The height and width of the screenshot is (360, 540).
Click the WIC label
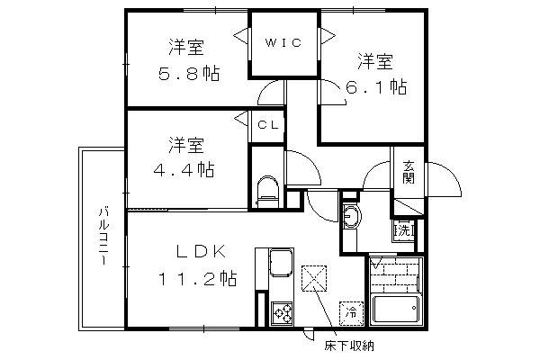click(283, 42)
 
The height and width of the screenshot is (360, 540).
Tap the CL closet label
click(268, 125)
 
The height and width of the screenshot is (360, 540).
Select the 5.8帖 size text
click(189, 73)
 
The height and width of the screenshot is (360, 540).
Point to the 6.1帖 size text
click(376, 86)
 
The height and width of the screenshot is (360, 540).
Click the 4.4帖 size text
click(184, 169)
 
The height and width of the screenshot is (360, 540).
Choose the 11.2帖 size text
click(197, 278)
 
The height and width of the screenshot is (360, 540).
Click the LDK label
click(202, 251)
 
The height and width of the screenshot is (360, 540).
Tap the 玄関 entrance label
click(409, 172)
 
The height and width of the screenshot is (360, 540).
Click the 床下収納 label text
click(349, 346)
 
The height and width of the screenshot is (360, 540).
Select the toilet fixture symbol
click(268, 193)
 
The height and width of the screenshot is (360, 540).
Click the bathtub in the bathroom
click(396, 309)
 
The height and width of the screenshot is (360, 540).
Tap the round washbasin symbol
click(352, 216)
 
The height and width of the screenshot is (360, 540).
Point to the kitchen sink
click(282, 263)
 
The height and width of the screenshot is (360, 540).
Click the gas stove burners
click(282, 313)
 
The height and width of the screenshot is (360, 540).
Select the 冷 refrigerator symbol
click(352, 313)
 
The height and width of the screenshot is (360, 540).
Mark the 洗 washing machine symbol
click(403, 230)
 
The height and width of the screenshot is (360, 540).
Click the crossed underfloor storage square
click(314, 278)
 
